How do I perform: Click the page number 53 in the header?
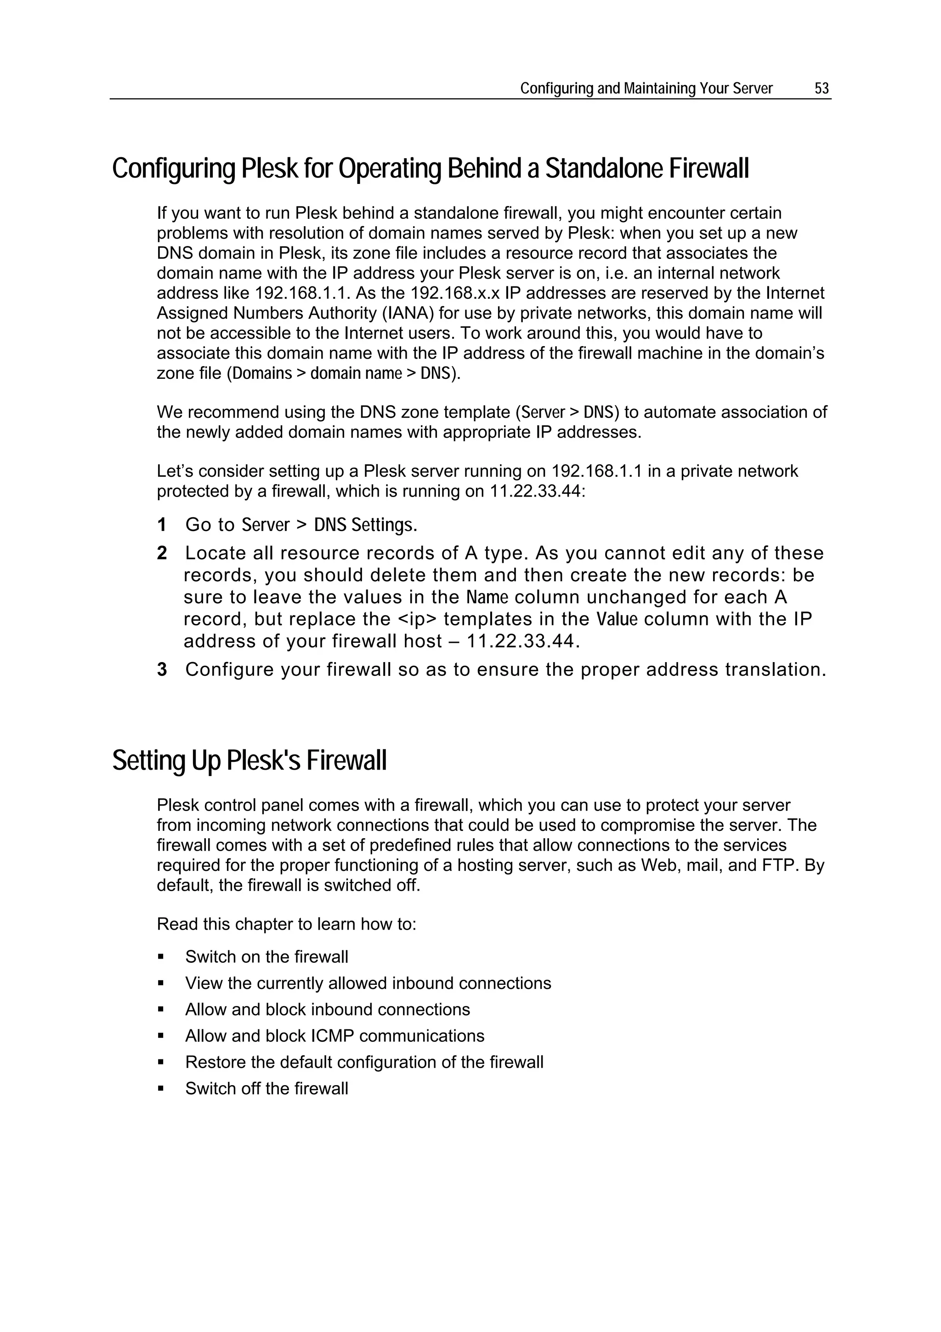tap(822, 88)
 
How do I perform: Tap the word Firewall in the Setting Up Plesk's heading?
tap(346, 760)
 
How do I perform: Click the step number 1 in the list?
tap(162, 525)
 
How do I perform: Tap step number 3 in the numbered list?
tap(162, 670)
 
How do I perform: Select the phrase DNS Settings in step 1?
tap(365, 525)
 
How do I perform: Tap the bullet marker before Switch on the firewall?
tap(161, 957)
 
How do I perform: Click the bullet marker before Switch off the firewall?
tap(161, 1089)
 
